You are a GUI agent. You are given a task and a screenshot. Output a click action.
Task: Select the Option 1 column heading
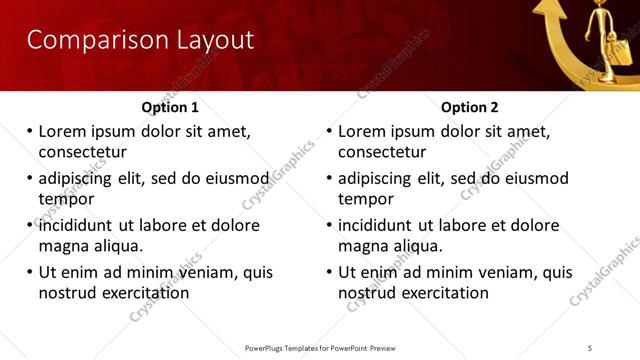click(170, 107)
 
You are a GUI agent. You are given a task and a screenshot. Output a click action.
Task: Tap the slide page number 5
click(590, 347)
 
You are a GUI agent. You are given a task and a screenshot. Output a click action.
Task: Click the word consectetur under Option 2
click(382, 152)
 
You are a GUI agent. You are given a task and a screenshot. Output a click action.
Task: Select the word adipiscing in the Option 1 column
click(78, 179)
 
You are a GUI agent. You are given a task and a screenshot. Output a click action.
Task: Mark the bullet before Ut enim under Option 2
click(330, 272)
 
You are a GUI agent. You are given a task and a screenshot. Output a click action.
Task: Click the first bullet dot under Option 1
click(30, 131)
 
